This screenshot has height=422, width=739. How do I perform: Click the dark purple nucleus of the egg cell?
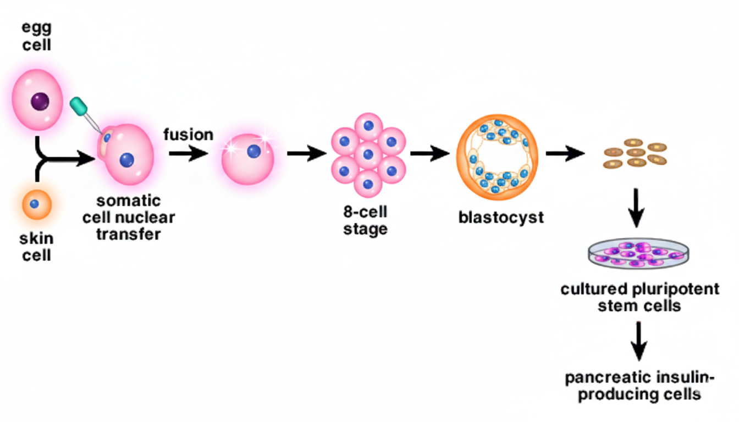(x=40, y=102)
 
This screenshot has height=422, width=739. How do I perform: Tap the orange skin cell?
(x=36, y=205)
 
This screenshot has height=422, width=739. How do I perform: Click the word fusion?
(x=188, y=134)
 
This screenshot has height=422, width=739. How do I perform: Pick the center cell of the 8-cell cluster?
(x=368, y=155)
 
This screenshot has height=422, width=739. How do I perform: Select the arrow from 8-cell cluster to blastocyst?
(x=429, y=154)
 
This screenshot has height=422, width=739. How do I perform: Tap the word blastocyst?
(x=501, y=217)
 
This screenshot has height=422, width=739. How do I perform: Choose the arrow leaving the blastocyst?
(x=565, y=154)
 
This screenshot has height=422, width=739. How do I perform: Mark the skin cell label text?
(x=36, y=247)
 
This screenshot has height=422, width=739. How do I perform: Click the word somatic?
(x=129, y=200)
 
